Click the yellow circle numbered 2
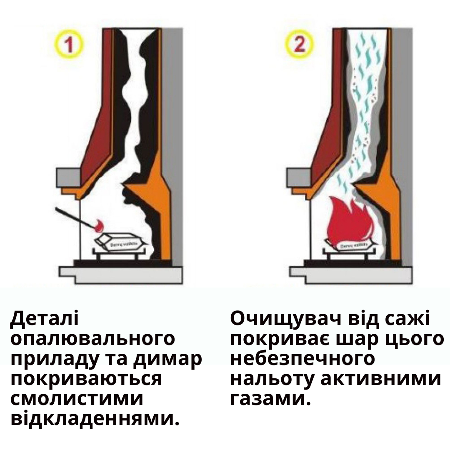299,45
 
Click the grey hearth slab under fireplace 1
121,275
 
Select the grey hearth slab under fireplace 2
350,275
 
